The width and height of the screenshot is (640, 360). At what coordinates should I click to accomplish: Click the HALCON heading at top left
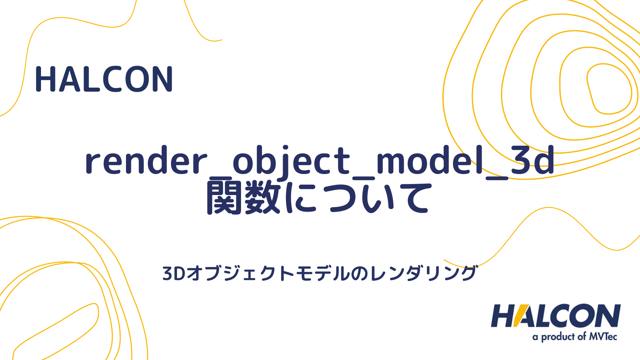[x=104, y=79]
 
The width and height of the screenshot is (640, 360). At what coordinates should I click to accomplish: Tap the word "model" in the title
[x=430, y=161]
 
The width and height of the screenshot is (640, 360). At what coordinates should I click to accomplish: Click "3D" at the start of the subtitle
[x=174, y=273]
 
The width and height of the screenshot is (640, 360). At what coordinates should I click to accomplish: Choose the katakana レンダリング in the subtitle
[x=423, y=273]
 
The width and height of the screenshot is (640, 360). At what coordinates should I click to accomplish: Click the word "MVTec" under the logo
[x=603, y=337]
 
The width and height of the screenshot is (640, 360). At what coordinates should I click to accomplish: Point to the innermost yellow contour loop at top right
[x=609, y=89]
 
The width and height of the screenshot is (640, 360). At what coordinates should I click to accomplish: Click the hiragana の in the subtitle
[x=359, y=274]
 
